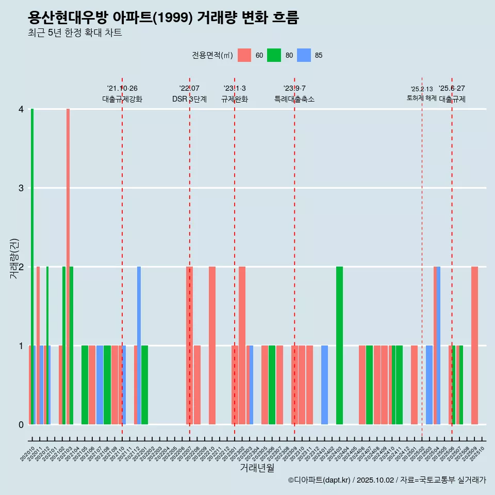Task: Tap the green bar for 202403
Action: [339, 345]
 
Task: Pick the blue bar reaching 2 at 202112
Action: [139, 345]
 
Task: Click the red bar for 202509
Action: [474, 345]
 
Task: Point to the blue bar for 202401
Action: [324, 385]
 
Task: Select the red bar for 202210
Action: [212, 345]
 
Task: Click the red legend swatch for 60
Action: [244, 55]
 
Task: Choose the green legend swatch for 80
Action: [274, 55]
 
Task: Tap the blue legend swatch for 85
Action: [304, 55]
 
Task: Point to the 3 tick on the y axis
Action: [21, 188]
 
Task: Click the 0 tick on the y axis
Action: [21, 424]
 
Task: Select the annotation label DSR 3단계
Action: [189, 99]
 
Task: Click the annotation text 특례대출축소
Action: [294, 99]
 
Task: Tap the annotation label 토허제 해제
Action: [421, 98]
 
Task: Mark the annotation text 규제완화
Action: [235, 99]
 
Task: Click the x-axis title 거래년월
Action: [257, 468]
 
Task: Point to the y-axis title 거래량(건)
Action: [14, 258]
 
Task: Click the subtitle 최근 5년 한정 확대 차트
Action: [75, 33]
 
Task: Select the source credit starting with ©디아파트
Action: [387, 480]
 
